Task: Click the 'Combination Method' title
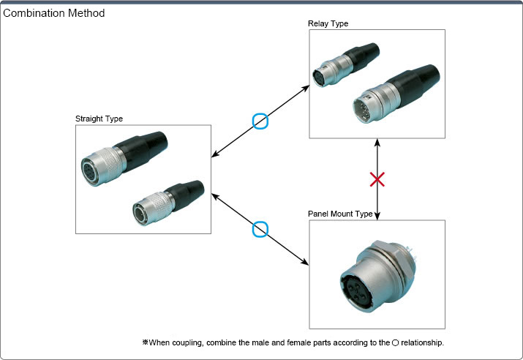(54, 13)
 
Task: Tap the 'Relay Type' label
(328, 23)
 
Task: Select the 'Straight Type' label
(99, 119)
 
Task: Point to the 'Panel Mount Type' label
(341, 214)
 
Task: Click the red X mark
(377, 179)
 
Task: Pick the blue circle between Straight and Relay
(260, 121)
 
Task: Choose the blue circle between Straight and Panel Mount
(260, 230)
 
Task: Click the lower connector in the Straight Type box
(165, 200)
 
